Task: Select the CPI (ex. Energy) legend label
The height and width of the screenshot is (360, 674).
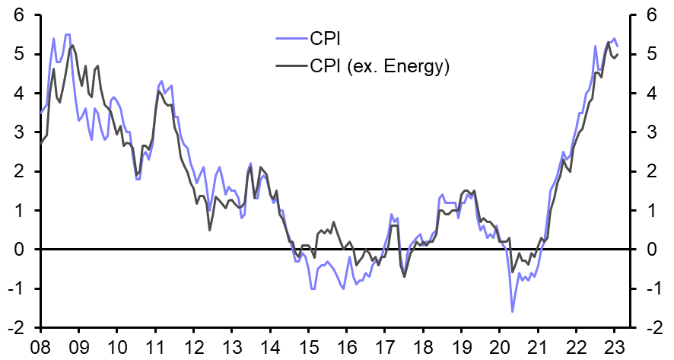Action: tap(380, 66)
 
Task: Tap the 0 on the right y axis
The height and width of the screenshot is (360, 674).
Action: tap(650, 250)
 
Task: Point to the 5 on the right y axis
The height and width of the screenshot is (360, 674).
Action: tap(650, 55)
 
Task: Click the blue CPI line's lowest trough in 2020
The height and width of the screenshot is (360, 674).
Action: tap(512, 311)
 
